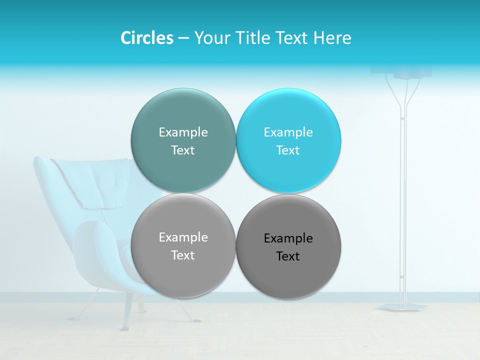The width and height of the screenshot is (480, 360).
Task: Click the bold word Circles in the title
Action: (x=146, y=38)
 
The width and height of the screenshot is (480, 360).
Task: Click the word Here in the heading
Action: (x=332, y=38)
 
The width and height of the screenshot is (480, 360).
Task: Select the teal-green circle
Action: (x=183, y=140)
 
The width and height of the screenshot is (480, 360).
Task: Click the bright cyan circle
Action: (x=288, y=140)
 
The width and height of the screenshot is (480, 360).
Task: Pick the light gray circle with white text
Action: (x=183, y=245)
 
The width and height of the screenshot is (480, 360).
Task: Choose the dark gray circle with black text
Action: (x=288, y=246)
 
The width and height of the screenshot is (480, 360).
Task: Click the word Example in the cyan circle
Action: (x=288, y=132)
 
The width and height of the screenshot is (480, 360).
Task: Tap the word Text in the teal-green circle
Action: (x=183, y=150)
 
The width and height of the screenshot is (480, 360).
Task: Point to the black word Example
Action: (x=288, y=238)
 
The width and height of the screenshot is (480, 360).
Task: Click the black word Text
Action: (x=288, y=256)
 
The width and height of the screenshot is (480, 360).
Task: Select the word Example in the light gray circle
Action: (x=183, y=237)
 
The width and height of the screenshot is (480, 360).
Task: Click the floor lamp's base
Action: (x=402, y=306)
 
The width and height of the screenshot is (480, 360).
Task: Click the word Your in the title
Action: (x=212, y=38)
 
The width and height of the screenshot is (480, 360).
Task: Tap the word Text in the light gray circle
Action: (x=183, y=255)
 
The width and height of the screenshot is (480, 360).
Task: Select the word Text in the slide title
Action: (x=292, y=38)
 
